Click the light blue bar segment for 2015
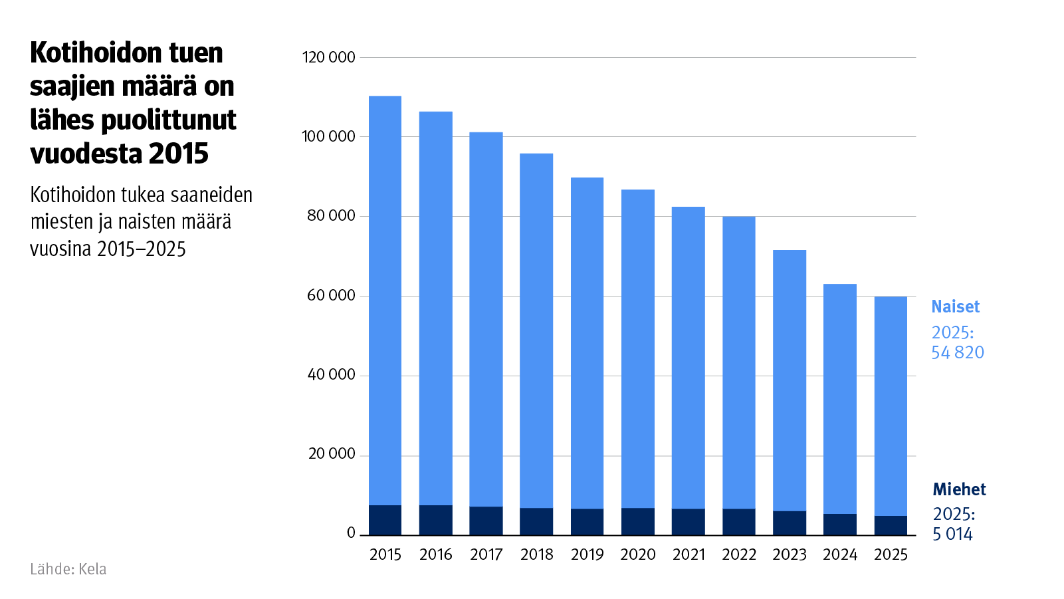[385, 299]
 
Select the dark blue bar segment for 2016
[435, 520]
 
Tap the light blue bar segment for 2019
[587, 342]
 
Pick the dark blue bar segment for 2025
[891, 525]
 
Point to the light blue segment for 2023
[789, 379]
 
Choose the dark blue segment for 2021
[688, 522]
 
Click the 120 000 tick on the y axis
[328, 57]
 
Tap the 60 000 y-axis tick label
[331, 295]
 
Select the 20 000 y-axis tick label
[331, 454]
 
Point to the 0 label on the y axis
[351, 533]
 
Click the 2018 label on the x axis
[536, 554]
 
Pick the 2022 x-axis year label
[738, 554]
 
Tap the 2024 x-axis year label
[839, 554]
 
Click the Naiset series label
[955, 306]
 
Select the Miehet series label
[959, 489]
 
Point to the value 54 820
[957, 352]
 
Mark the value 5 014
[952, 534]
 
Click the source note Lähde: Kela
[68, 569]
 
